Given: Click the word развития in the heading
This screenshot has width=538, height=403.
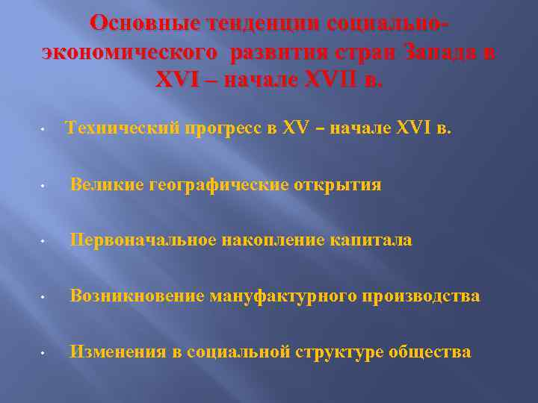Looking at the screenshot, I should pos(273,53).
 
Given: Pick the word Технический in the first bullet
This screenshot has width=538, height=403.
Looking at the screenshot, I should pos(123,128).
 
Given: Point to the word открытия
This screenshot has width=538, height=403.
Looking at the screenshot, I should pos(337,184).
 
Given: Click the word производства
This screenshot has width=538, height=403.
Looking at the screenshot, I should pos(421,296).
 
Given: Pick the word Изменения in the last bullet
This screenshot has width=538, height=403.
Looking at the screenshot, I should pos(117,352).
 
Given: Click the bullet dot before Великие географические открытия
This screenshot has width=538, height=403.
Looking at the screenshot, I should pos(46,186).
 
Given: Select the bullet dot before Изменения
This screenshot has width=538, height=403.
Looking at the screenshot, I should pos(46,354).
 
